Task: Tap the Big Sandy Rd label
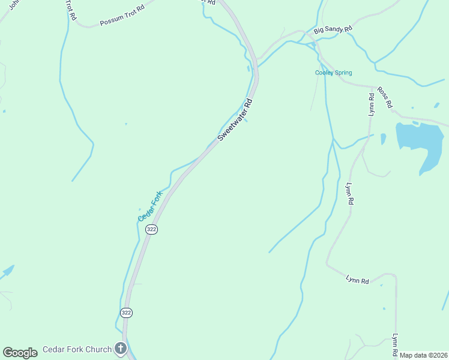[333, 28]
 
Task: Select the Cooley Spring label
[334, 73]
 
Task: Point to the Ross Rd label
[385, 97]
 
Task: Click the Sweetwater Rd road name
[236, 119]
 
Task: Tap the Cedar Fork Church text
[77, 350]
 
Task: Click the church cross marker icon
[121, 349]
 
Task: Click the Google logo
[20, 353]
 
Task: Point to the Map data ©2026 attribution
[423, 355]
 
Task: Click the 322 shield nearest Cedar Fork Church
[126, 313]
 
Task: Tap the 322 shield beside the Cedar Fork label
[152, 230]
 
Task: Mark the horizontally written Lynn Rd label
[357, 279]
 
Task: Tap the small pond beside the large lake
[383, 139]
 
